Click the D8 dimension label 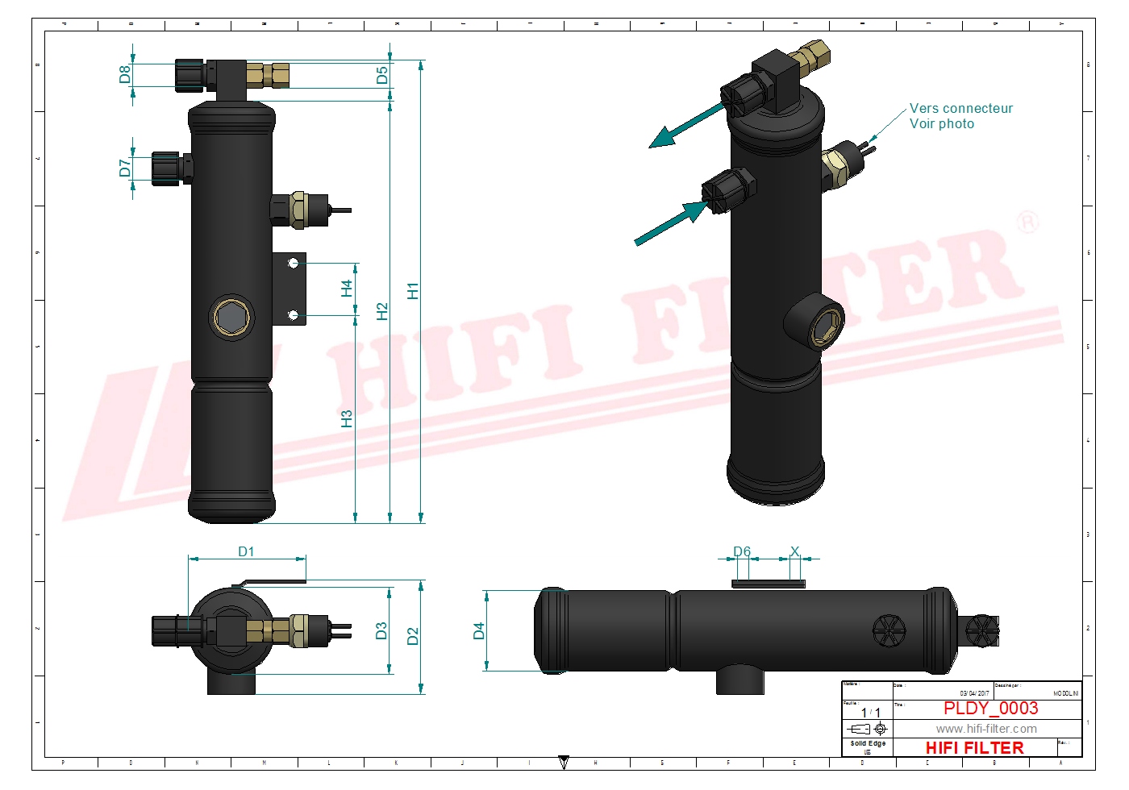pyautogui.click(x=124, y=74)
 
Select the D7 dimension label pyautogui.click(x=124, y=168)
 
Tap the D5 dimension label pyautogui.click(x=382, y=75)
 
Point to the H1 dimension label pyautogui.click(x=413, y=291)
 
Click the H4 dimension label pyautogui.click(x=347, y=289)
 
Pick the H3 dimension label pyautogui.click(x=347, y=419)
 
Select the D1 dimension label pyautogui.click(x=246, y=551)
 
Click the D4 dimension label pyautogui.click(x=479, y=630)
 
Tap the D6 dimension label pyautogui.click(x=742, y=551)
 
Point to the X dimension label pyautogui.click(x=794, y=551)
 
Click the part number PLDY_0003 pyautogui.click(x=990, y=708)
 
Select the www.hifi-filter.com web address pyautogui.click(x=986, y=729)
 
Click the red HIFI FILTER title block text pyautogui.click(x=974, y=748)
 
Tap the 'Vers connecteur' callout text pyautogui.click(x=960, y=108)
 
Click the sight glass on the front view pyautogui.click(x=232, y=318)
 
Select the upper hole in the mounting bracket pyautogui.click(x=294, y=263)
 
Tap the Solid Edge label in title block pyautogui.click(x=868, y=743)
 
